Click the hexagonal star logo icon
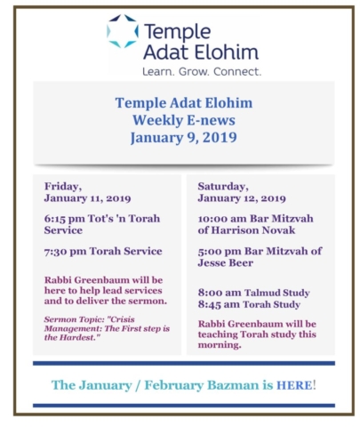click(x=123, y=31)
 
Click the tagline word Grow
click(x=194, y=72)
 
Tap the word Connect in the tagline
click(x=237, y=72)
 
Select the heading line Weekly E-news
click(x=184, y=120)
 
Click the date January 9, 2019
click(x=184, y=137)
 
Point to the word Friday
click(x=63, y=187)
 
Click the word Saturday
click(x=223, y=187)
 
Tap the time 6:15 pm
click(x=64, y=219)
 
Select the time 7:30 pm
click(x=65, y=252)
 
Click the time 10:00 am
click(x=222, y=219)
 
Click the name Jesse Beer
click(x=226, y=263)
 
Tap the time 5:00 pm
click(x=220, y=252)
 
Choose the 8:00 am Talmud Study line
click(x=254, y=293)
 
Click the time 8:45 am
click(x=220, y=305)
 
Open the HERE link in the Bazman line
click(x=294, y=385)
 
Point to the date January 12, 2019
click(x=242, y=198)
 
